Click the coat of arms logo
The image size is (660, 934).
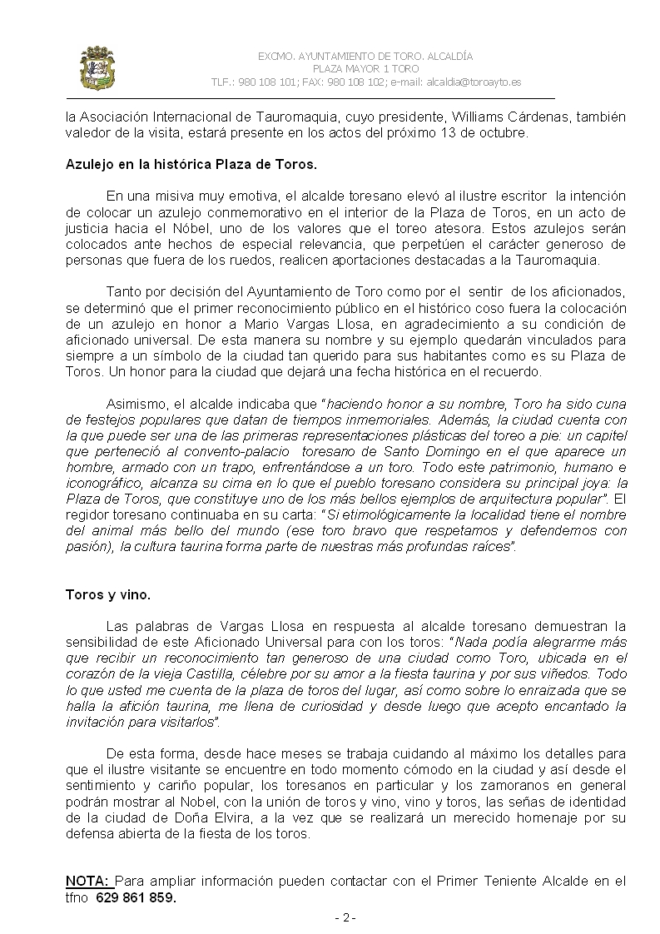click(97, 68)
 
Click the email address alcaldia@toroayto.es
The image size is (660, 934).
click(474, 82)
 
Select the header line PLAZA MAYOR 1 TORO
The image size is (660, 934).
click(365, 69)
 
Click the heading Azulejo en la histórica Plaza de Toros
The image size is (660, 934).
click(191, 164)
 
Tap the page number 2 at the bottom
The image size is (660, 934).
click(345, 918)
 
